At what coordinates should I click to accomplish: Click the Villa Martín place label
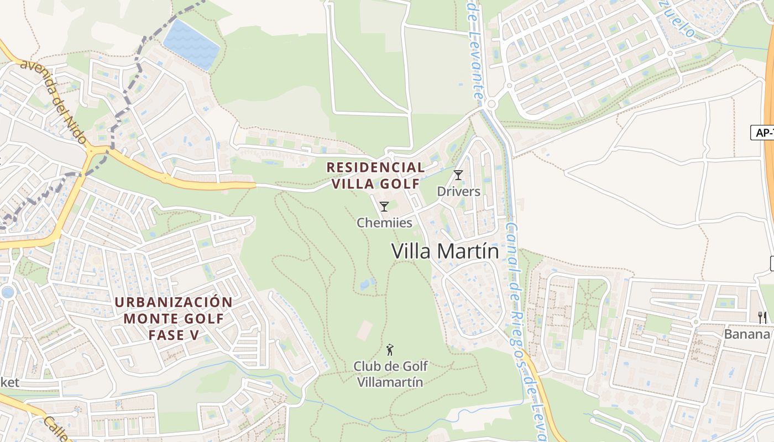445,251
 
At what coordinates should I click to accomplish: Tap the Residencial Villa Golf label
376,175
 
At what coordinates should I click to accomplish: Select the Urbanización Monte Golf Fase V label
174,318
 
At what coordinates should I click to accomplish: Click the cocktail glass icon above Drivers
458,176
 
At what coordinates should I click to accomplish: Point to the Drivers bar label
458,192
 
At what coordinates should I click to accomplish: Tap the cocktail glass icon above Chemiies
384,207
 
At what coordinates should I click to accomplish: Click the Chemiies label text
384,223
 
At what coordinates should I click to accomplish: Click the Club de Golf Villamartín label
390,374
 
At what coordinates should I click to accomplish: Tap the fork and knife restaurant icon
762,317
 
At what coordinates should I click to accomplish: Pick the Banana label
747,334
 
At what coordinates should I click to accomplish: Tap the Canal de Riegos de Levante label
522,326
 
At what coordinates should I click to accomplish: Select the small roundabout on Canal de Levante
491,103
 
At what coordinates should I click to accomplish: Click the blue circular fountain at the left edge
7,292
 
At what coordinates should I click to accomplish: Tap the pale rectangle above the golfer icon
365,330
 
